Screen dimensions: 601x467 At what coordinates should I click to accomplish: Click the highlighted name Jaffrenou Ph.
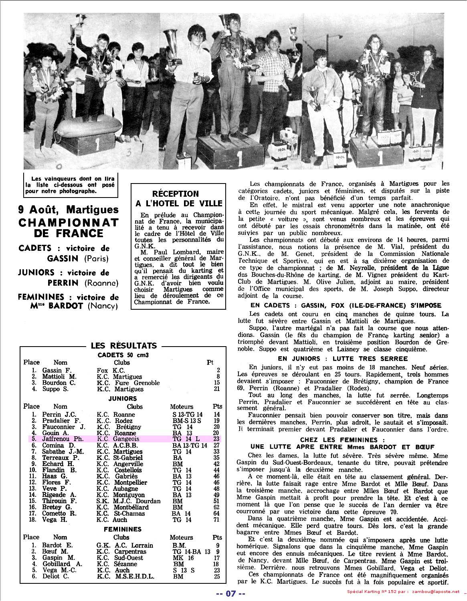tap(63, 439)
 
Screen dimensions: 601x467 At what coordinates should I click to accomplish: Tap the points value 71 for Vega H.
tap(217, 520)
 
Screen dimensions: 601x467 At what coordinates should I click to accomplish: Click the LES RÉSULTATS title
tap(124, 346)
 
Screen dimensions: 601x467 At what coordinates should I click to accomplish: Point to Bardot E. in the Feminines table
tap(57, 545)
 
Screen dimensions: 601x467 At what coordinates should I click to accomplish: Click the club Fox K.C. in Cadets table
tap(111, 371)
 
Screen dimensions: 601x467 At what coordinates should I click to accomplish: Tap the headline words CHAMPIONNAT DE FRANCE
tap(69, 228)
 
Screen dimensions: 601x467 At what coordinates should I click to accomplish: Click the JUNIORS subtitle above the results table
tap(122, 399)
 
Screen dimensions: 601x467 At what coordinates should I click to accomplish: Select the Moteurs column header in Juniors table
tap(181, 406)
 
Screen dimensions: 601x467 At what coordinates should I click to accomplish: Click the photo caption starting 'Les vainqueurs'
tap(70, 185)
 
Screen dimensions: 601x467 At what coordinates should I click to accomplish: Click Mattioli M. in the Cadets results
tap(59, 377)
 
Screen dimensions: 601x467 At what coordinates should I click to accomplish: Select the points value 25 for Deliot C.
tap(217, 577)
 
